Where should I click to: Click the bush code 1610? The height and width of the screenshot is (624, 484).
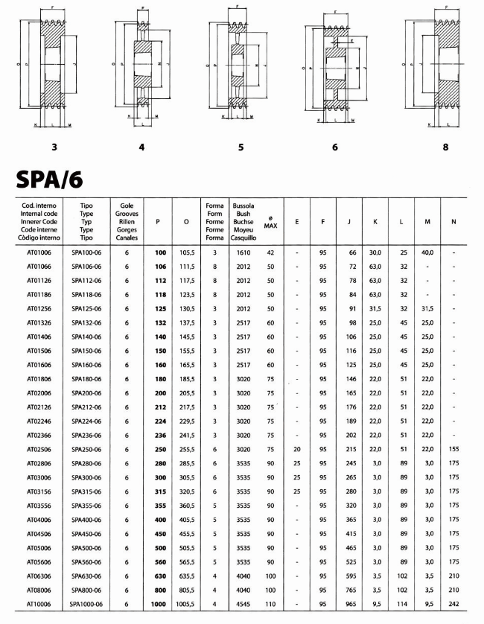(243, 252)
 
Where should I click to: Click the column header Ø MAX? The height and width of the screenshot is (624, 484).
(270, 222)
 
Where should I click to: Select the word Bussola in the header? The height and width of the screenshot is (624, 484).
(243, 205)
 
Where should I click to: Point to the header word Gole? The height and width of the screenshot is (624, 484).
(127, 205)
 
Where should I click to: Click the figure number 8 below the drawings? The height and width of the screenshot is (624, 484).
(445, 147)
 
